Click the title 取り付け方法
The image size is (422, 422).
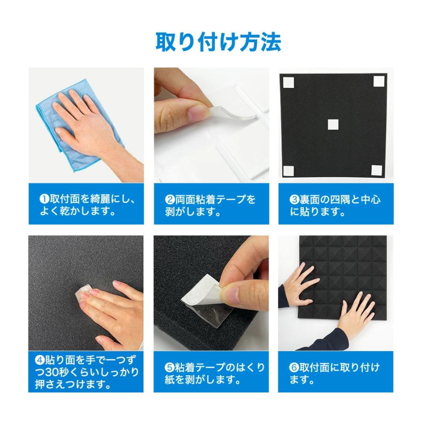coord(218,42)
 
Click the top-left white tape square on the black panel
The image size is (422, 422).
coord(288,83)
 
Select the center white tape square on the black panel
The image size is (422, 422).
coord(333,124)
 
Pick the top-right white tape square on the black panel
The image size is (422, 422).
coord(379,81)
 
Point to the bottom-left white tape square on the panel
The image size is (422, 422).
coord(288,171)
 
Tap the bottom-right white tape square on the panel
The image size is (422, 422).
coord(377,170)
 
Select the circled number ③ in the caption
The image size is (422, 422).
coord(294,200)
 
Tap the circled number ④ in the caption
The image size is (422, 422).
coord(39,360)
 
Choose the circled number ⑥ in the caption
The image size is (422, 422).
coord(294,367)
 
